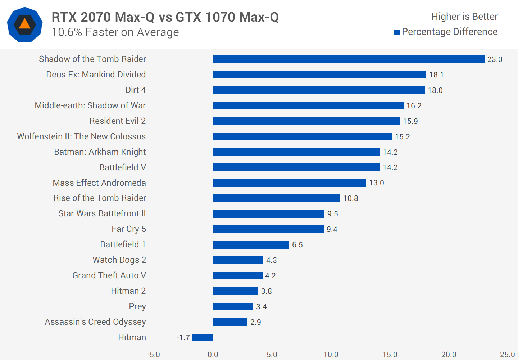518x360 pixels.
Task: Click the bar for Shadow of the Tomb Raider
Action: pos(348,59)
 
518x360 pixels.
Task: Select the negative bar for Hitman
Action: pos(203,337)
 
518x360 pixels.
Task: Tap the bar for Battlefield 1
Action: pos(251,245)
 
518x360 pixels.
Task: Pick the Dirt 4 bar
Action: pos(318,90)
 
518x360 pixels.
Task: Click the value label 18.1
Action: pos(436,75)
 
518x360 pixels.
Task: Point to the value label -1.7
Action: pos(183,338)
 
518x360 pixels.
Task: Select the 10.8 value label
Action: pos(351,198)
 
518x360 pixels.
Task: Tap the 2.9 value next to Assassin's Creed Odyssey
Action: pos(256,322)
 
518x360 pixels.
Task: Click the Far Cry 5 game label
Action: pos(129,229)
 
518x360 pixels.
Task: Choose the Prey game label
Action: pos(137,306)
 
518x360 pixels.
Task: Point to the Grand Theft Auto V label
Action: pos(109,275)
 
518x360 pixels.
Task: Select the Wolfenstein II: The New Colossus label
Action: pos(81,136)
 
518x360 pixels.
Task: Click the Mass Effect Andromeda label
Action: pos(99,183)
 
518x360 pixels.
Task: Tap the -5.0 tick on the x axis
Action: pos(154,355)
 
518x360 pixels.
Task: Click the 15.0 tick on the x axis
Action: pos(390,355)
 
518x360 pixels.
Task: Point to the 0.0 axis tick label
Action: pos(213,355)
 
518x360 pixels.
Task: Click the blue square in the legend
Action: pos(397,32)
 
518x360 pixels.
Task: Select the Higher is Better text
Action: pos(464,17)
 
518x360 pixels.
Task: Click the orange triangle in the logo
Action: pos(24,24)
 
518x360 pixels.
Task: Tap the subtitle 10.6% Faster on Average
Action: pos(115,32)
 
